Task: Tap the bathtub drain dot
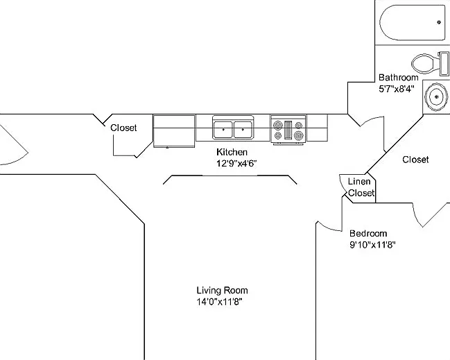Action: coord(439,22)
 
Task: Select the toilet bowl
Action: coord(425,64)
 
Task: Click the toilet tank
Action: coord(444,64)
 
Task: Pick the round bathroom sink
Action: coord(436,96)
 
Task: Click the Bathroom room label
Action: coord(399,78)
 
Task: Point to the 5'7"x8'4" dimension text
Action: coord(397,89)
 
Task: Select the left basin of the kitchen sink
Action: coord(223,130)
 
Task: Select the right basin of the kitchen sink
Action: coord(243,130)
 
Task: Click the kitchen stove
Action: coord(288,129)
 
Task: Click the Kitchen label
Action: coord(232,152)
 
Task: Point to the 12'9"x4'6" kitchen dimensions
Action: coord(236,163)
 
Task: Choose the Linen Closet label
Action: coord(361,187)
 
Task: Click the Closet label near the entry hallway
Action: coord(123,128)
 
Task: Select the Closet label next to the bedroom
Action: coord(415,160)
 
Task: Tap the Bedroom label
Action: coord(368,233)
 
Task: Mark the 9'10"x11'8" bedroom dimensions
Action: coord(372,245)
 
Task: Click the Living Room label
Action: coord(222,290)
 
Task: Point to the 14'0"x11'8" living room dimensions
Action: coord(220,302)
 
